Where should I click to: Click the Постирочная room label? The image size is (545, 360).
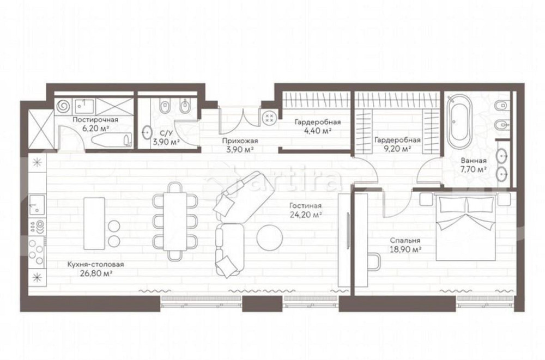point(95,119)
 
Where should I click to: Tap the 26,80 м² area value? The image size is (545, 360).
point(95,273)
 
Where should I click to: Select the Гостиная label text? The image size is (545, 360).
point(306,206)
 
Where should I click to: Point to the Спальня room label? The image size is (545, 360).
point(405,241)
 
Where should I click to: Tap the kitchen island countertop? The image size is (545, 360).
point(94,223)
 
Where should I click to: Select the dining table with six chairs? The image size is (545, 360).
point(175,222)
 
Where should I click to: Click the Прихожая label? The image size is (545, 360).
point(240,141)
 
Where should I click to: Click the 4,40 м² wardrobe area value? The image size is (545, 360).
point(317,131)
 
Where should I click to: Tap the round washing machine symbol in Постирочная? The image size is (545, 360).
point(63,105)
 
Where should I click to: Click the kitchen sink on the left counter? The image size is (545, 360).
point(37,205)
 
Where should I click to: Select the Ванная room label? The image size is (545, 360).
point(474,161)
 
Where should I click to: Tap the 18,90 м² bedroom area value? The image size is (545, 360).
point(405,249)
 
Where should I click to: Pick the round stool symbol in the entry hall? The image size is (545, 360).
point(269,117)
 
